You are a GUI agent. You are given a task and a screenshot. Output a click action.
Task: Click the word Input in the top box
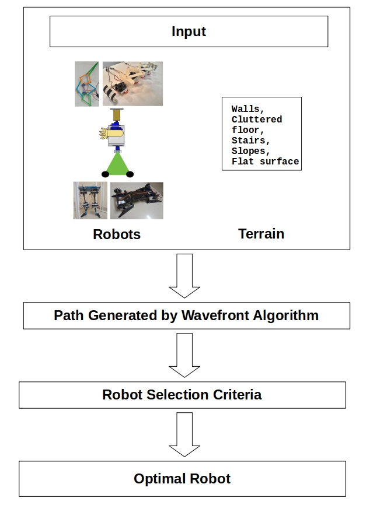pyautogui.click(x=189, y=31)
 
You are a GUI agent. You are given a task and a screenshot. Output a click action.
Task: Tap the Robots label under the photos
pyautogui.click(x=117, y=234)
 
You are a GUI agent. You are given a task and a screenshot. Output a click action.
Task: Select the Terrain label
pyautogui.click(x=261, y=234)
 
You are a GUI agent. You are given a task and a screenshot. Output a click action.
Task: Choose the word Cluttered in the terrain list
pyautogui.click(x=257, y=120)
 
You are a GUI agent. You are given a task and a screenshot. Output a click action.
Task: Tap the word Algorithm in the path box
pyautogui.click(x=286, y=315)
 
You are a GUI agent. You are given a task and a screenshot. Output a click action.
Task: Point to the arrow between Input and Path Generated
pyautogui.click(x=184, y=275)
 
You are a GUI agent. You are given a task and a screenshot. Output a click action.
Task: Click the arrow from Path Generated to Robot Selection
pyautogui.click(x=184, y=355)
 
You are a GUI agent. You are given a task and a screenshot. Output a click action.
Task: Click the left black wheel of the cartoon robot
pyautogui.click(x=106, y=174)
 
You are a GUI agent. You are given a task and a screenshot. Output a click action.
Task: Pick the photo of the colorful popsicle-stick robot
pyautogui.click(x=88, y=84)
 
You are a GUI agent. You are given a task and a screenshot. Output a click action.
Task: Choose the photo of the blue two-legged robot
pyautogui.click(x=90, y=200)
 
